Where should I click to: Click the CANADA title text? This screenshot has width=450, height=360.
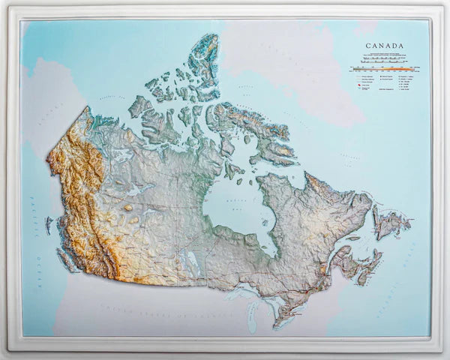(x=384, y=46)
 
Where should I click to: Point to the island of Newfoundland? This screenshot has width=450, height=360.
(x=389, y=223)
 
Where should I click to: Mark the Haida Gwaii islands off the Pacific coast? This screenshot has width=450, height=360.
(x=49, y=223)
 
